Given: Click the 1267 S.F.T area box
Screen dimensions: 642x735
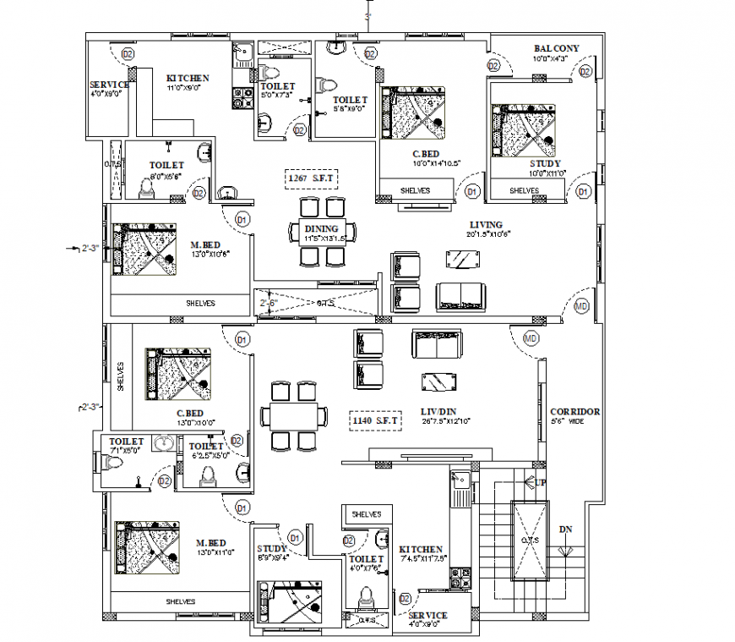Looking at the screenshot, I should pos(312,178).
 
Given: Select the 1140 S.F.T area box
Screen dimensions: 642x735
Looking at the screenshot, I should pos(375,418).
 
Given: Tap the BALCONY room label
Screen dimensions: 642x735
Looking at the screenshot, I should pos(556,48).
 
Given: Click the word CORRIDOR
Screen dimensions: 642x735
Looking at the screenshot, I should pos(574,412).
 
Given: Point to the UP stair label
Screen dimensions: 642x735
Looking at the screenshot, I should pos(541,481).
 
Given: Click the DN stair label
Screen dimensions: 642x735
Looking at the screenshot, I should pos(564,530).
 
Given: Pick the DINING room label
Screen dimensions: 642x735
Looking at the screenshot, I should pos(321,228).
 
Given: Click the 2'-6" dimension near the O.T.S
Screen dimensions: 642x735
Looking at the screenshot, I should pos(268,302).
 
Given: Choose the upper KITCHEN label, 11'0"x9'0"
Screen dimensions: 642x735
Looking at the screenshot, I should pos(187,78).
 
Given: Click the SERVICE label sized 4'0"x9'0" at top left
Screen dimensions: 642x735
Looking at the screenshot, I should pos(109,85).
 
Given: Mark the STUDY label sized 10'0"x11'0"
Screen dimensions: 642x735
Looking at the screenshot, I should pos(545,163).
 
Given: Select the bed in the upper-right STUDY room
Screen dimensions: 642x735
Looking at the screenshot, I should pos(523,130).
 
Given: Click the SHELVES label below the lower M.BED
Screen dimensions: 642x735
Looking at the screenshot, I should pos(180,601).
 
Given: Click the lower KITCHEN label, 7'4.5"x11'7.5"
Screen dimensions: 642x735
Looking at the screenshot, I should pos(422,549).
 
